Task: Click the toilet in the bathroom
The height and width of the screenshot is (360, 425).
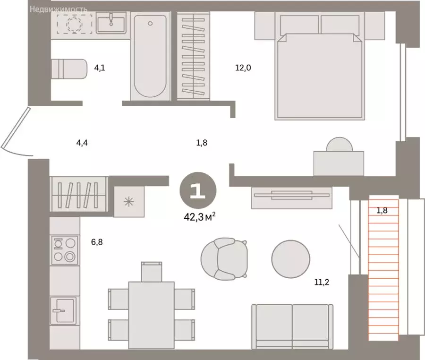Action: tap(69, 69)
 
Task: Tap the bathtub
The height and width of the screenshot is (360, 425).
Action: tap(150, 56)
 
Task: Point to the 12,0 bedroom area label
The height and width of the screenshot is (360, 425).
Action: tap(243, 68)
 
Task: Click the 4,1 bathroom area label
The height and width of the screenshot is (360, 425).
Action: tap(100, 68)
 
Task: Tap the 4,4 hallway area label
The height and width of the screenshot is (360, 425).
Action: tap(82, 143)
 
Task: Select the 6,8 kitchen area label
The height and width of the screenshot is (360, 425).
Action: tap(97, 242)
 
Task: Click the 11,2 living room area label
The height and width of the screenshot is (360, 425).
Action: tap(322, 282)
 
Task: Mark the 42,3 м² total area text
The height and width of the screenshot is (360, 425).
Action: tap(200, 217)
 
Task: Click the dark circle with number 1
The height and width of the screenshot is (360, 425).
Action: tap(198, 190)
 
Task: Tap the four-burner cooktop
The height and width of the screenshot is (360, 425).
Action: tap(65, 250)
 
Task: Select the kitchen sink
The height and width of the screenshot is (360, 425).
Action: tap(63, 311)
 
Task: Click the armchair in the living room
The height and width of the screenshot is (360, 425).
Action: tap(224, 258)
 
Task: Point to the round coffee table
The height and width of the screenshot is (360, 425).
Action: tap(291, 259)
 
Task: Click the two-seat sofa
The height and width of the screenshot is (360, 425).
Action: tap(292, 326)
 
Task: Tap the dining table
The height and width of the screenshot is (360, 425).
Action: tap(151, 315)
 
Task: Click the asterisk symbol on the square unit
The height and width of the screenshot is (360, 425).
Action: tap(129, 202)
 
